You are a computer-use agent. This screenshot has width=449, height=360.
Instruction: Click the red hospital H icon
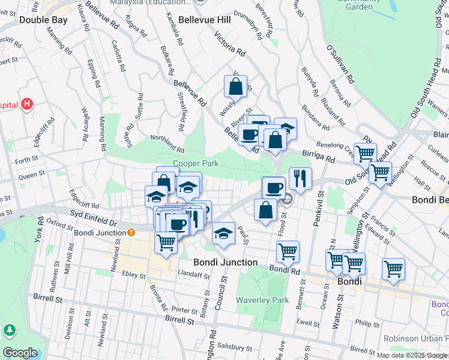tap(26, 104)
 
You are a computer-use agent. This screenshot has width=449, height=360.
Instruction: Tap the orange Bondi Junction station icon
tap(131, 232)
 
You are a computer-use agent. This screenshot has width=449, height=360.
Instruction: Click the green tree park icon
tap(9, 330)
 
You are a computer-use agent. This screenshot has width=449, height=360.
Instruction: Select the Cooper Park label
tap(195, 163)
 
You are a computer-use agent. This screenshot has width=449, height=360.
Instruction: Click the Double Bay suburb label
tap(43, 19)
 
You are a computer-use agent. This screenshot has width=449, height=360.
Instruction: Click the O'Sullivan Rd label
tap(340, 64)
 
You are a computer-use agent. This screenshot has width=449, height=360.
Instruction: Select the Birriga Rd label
tap(319, 157)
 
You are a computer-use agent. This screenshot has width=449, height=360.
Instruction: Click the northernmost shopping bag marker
tap(236, 86)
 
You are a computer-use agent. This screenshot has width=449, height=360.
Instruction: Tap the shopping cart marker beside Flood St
tap(288, 251)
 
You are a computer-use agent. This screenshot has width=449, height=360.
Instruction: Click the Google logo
tap(20, 352)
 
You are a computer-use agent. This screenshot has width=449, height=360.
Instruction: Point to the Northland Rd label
tap(167, 143)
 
